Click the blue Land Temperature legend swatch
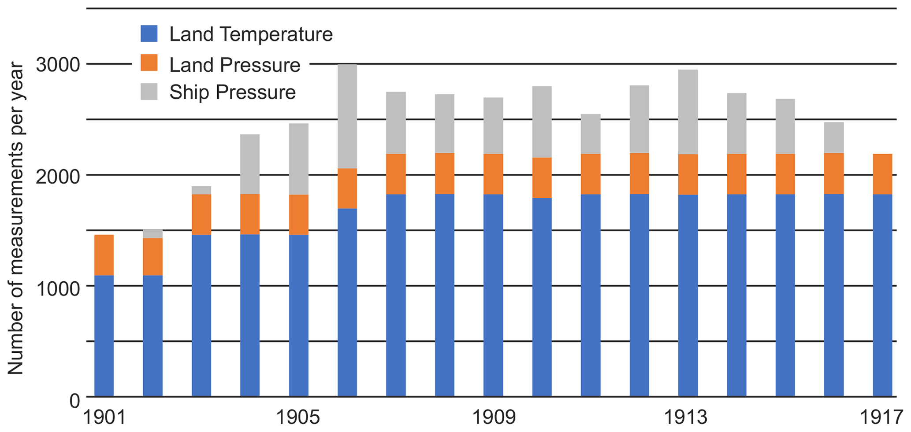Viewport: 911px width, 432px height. coord(149,34)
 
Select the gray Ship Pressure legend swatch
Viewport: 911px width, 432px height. coord(149,92)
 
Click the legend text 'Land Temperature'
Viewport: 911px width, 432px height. coord(251,34)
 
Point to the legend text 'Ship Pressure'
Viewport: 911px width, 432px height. coord(232,92)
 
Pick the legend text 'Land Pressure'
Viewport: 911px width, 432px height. coord(234,65)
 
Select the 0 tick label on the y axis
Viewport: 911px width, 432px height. coord(75,400)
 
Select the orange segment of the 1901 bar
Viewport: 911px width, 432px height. coord(104,255)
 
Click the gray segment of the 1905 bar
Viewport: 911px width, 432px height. coord(299,159)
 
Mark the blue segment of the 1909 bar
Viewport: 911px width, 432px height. coord(493,295)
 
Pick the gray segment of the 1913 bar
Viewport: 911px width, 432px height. coord(688,112)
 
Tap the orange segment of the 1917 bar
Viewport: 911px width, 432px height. coord(882,174)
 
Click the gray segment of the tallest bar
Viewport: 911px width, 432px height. coord(347,116)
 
